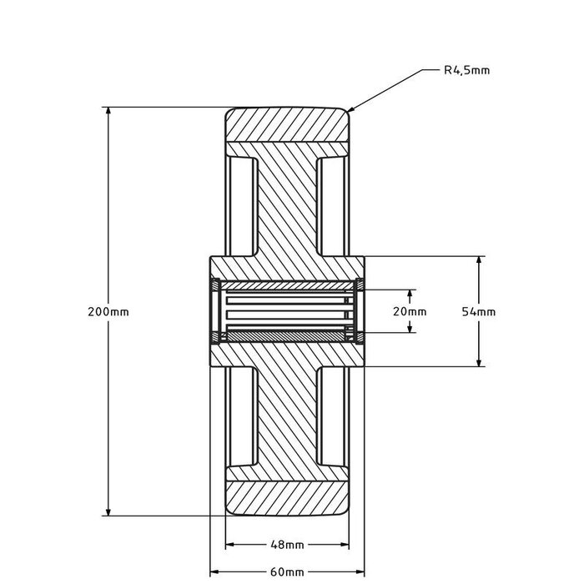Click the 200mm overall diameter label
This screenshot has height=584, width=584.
(108, 311)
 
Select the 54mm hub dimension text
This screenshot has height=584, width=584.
(479, 311)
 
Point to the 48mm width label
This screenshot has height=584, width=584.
(287, 545)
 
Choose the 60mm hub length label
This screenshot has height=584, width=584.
(287, 572)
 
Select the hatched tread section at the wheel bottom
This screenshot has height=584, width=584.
(287, 498)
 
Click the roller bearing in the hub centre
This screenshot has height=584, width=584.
(287, 311)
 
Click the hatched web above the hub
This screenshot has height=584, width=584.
(287, 209)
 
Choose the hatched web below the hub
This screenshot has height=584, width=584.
(287, 417)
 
